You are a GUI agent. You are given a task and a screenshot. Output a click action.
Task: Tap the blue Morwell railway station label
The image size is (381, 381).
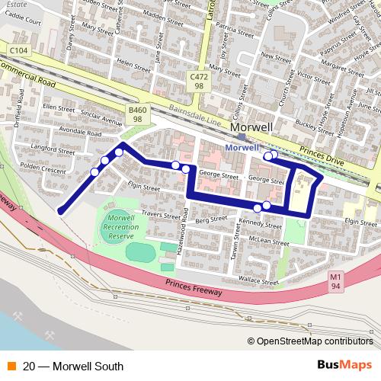coord(242,146)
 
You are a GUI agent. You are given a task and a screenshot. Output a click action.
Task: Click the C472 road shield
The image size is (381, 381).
coord(199,82)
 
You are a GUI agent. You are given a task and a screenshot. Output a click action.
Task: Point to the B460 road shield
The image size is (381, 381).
coord(137,114)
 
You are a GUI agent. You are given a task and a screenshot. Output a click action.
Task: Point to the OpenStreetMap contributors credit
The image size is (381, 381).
coord(315,341)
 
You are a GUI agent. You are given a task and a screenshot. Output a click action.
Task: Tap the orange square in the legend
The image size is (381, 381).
coord(11,367)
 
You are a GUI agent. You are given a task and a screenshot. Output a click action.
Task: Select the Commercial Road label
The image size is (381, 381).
coord(31,74)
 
